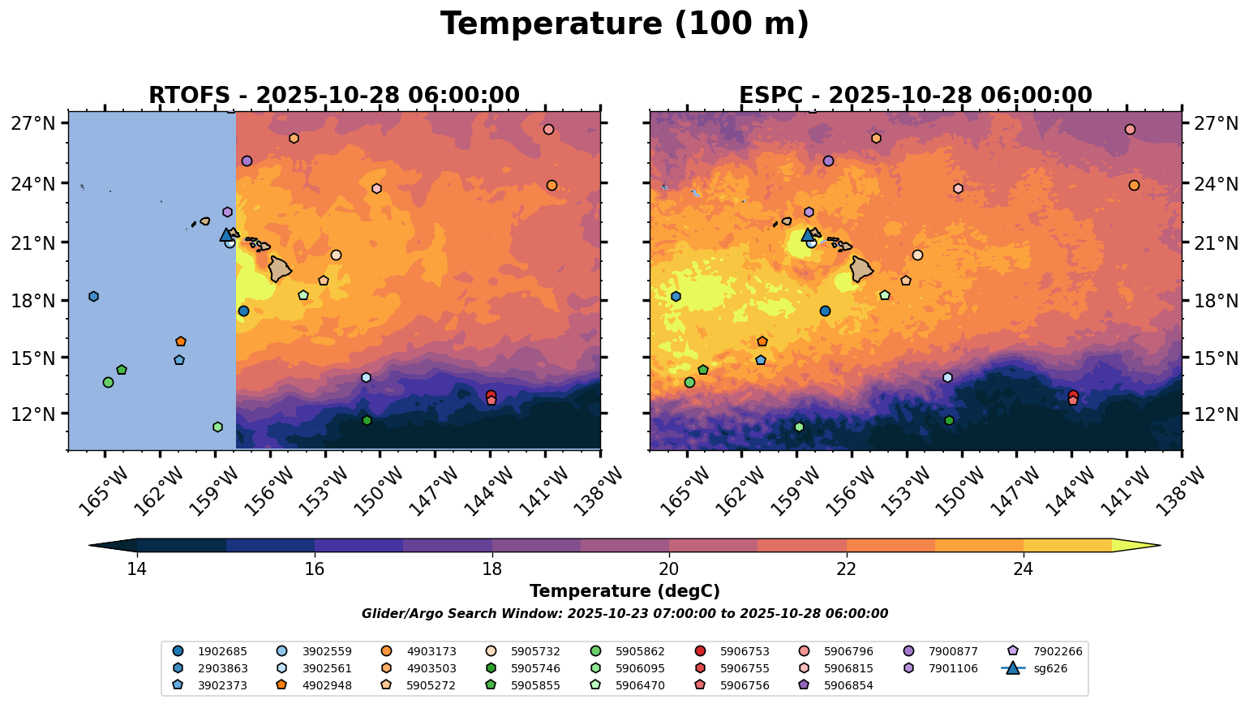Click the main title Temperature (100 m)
(624, 24)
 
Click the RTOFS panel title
(333, 96)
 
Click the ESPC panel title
(915, 96)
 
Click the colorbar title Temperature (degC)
(624, 591)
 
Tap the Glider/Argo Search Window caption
(624, 614)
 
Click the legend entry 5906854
(848, 686)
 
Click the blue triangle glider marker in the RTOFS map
(226, 235)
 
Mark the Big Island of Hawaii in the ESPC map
(861, 268)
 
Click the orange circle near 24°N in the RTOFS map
(552, 186)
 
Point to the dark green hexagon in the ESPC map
(949, 420)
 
